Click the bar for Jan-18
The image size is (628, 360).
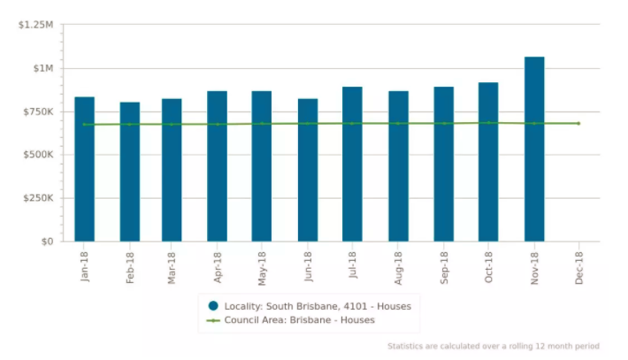85,169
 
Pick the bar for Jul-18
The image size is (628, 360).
352,164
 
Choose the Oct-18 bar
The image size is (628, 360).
488,162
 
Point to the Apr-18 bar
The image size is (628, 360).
218,165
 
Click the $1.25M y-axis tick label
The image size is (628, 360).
35,25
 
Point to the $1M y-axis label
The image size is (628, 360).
42,68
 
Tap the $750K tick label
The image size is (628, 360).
36,111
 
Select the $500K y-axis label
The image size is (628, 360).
36,155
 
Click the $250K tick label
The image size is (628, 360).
36,198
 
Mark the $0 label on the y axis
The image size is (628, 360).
46,241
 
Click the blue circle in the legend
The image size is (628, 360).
213,306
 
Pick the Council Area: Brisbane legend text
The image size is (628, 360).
299,320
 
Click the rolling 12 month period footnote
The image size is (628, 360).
493,346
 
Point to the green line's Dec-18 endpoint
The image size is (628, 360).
578,123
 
